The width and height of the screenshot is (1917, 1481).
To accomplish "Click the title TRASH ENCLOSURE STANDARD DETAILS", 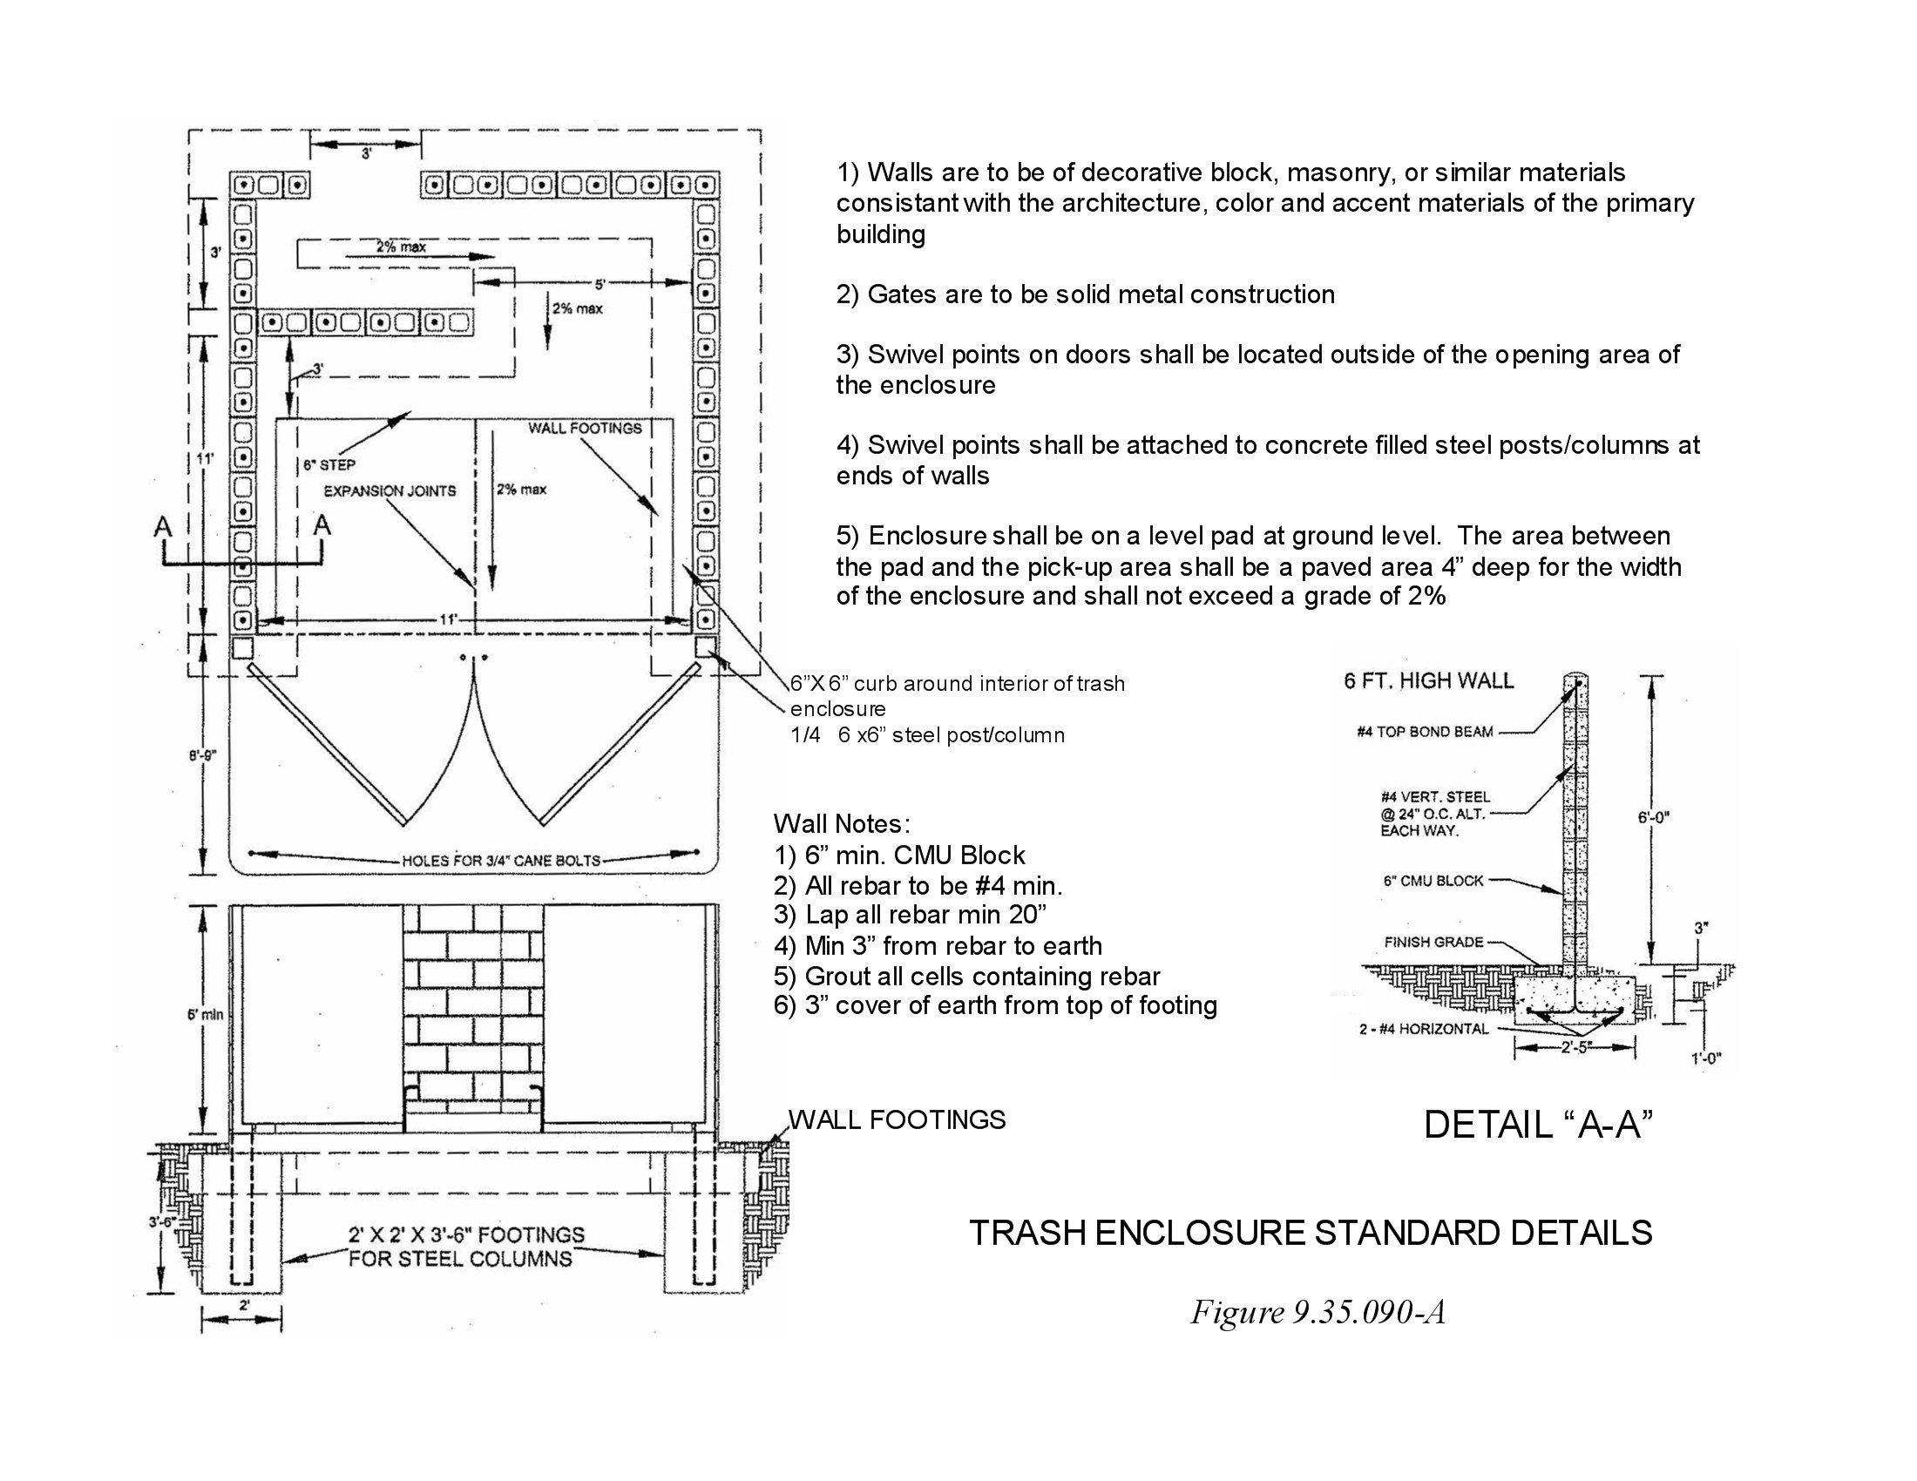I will point(1310,1233).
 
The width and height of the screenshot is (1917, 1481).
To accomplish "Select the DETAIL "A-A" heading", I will point(1538,1125).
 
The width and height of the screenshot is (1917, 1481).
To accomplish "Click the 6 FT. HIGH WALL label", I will point(1428,680).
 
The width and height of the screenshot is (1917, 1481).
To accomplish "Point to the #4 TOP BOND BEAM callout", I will point(1424,732).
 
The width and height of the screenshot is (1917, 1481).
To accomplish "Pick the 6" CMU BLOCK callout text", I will point(1433,880).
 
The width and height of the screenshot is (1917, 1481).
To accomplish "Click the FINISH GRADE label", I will point(1433,943).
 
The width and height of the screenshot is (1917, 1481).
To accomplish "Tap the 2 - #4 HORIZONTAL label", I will point(1424,1029).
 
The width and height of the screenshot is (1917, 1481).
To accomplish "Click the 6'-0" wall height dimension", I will point(1653,817).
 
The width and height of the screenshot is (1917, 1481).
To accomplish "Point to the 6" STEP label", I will point(329,465).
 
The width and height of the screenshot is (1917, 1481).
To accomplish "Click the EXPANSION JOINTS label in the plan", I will point(389,491).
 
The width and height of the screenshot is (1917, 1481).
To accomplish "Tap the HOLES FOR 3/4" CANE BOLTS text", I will point(501,861).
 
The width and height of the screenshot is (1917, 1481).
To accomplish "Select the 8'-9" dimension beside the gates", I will point(203,754).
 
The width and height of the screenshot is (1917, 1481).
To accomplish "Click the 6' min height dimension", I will point(206,1015).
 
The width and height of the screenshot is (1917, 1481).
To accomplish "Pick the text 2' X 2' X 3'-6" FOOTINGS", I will point(466,1234).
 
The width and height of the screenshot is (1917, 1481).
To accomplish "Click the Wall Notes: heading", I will point(842,824).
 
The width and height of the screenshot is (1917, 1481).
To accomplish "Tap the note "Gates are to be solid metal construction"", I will point(1085,294).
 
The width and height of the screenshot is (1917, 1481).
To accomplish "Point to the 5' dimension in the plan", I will point(600,283).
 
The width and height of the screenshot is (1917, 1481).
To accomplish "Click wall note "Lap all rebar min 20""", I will point(911,915).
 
